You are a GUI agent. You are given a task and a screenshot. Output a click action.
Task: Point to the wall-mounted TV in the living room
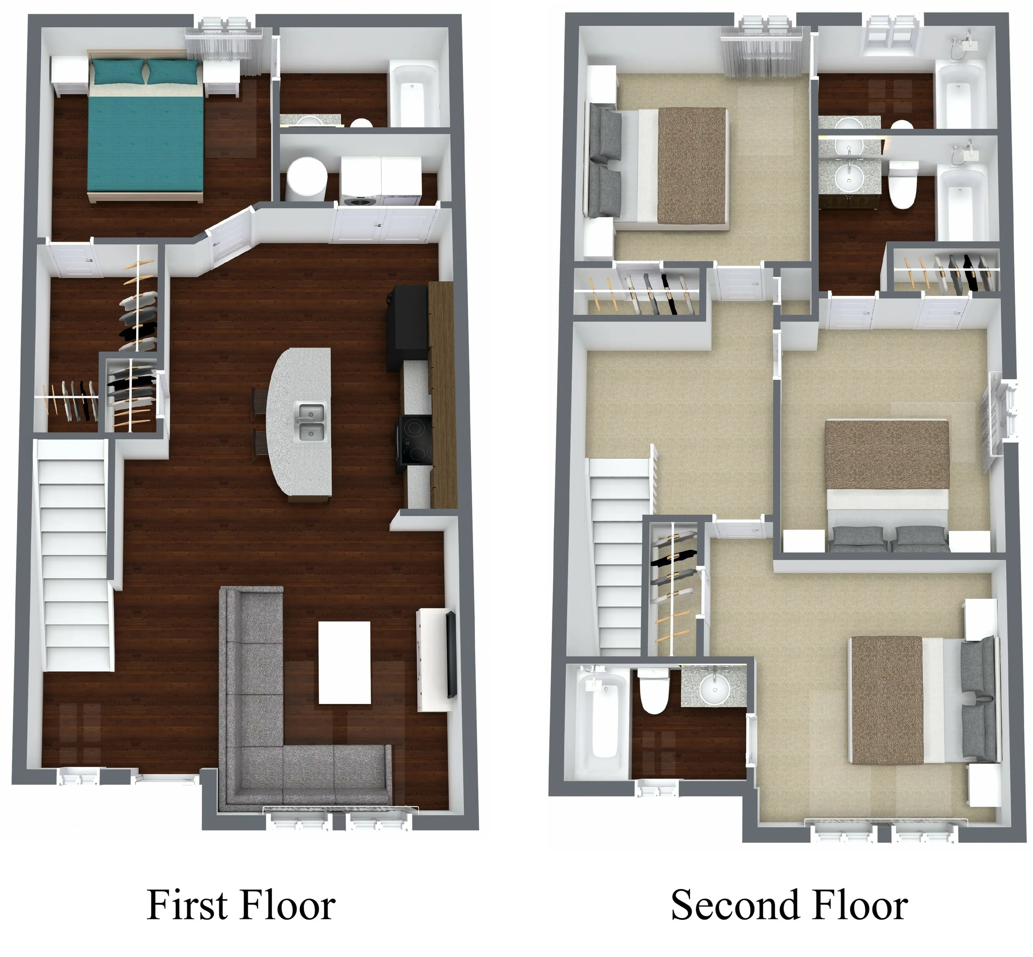click(x=451, y=655)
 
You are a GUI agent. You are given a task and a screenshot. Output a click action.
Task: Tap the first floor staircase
click(x=75, y=554)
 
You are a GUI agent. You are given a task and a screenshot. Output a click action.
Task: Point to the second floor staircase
click(x=618, y=554)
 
